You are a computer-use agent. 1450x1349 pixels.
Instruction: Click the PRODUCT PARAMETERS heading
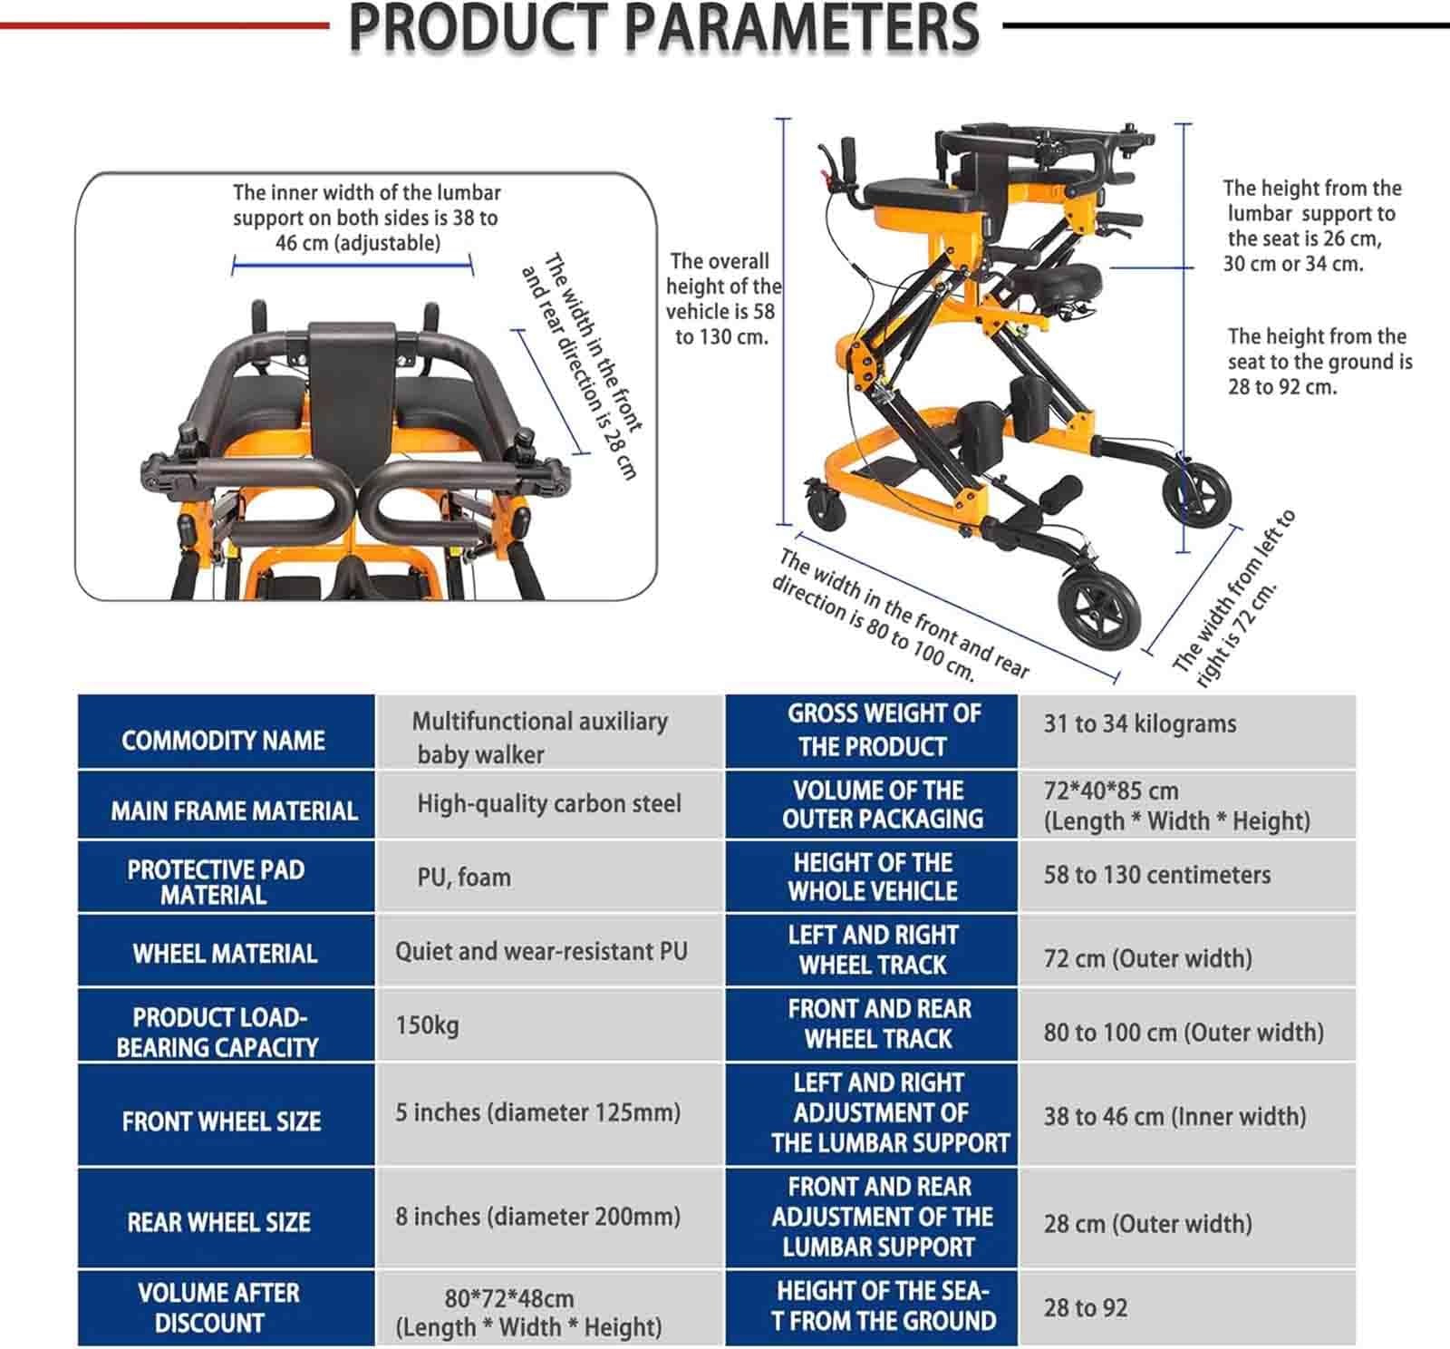click(x=663, y=27)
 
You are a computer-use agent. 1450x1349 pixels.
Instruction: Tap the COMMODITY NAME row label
click(x=223, y=741)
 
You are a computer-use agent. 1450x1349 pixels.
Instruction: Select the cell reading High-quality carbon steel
click(x=549, y=804)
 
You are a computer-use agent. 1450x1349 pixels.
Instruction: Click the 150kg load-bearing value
click(x=427, y=1025)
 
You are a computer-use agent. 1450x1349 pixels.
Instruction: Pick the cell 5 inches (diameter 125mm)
click(x=537, y=1112)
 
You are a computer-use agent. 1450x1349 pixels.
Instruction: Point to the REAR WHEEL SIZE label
click(x=218, y=1222)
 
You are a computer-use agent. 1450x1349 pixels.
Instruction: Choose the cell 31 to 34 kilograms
click(x=1139, y=723)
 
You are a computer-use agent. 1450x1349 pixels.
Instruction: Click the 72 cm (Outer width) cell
click(x=1147, y=958)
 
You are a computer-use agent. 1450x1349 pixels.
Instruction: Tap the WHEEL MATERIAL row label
click(x=225, y=954)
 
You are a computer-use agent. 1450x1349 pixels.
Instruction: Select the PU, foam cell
click(x=464, y=878)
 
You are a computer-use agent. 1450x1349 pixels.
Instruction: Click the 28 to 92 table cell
click(x=1085, y=1307)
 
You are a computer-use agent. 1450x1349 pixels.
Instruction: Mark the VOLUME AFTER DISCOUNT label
click(x=217, y=1307)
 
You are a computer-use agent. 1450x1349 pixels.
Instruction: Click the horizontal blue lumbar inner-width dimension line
click(x=353, y=265)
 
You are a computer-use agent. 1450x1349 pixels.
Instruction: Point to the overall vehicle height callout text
click(x=723, y=299)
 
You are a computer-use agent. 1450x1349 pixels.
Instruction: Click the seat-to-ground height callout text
click(x=1319, y=362)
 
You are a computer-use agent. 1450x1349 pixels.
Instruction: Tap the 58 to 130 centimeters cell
click(x=1156, y=875)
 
